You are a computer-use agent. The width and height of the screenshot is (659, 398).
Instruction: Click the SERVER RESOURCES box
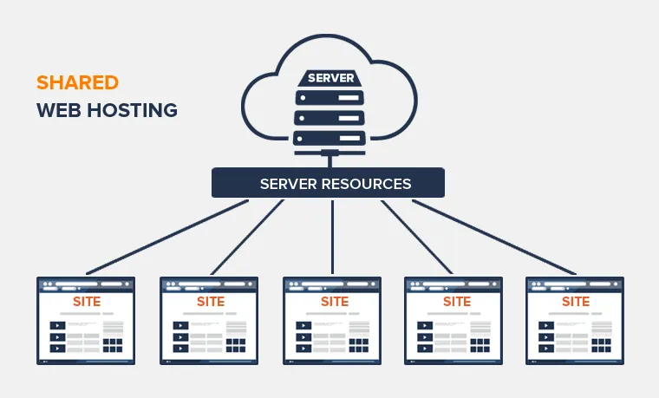[x=328, y=184]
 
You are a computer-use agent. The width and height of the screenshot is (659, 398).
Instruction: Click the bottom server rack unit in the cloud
[x=329, y=137]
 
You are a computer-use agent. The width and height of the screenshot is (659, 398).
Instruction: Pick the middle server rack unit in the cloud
[x=329, y=116]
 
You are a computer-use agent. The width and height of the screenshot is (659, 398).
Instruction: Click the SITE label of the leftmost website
[x=87, y=302]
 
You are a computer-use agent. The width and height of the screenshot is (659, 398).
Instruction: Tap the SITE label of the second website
[x=210, y=302]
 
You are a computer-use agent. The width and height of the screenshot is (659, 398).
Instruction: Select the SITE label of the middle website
[x=334, y=302]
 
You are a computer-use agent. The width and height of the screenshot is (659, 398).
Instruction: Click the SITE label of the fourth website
[x=456, y=302]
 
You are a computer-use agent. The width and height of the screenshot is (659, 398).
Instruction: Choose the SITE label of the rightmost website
[x=576, y=302]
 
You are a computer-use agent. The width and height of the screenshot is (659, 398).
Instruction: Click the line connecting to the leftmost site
[x=165, y=237]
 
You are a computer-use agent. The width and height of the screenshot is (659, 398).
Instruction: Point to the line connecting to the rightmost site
[x=494, y=237]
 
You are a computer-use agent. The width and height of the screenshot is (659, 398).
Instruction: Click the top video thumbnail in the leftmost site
[x=57, y=326]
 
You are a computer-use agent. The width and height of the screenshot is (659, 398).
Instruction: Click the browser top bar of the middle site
[x=333, y=284]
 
